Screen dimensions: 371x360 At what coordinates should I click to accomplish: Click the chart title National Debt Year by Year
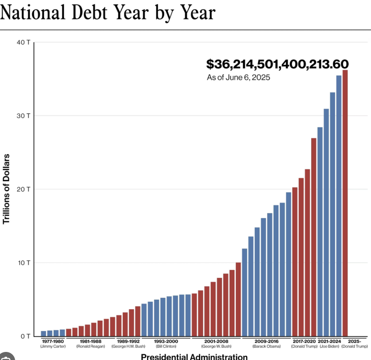pyautogui.click(x=108, y=12)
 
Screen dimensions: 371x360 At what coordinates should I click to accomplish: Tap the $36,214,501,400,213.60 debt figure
pyautogui.click(x=278, y=64)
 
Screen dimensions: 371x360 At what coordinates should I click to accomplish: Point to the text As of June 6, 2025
pyautogui.click(x=238, y=78)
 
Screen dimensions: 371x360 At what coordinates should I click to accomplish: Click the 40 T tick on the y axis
pyautogui.click(x=24, y=42)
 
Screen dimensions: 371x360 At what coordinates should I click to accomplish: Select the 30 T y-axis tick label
pyautogui.click(x=24, y=116)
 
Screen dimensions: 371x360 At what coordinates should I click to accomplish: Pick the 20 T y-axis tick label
pyautogui.click(x=24, y=189)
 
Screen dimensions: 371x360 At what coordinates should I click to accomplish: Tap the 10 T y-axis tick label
pyautogui.click(x=24, y=263)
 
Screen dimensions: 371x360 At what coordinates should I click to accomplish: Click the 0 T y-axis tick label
pyautogui.click(x=26, y=336)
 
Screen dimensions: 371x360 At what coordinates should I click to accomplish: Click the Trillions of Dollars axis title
pyautogui.click(x=6, y=189)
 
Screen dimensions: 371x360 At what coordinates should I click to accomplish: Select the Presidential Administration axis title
pyautogui.click(x=194, y=357)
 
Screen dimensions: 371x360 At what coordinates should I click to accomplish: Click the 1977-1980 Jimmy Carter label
pyautogui.click(x=53, y=344)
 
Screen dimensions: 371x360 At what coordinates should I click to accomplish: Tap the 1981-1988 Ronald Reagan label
pyautogui.click(x=91, y=344)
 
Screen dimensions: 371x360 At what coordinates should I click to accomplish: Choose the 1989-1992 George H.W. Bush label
pyautogui.click(x=128, y=344)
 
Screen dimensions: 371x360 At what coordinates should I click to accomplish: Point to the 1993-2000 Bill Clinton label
pyautogui.click(x=166, y=344)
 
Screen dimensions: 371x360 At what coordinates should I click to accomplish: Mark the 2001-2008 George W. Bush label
pyautogui.click(x=216, y=344)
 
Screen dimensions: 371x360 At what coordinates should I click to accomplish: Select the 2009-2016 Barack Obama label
pyautogui.click(x=267, y=344)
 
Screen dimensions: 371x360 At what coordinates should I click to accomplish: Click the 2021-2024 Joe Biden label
pyautogui.click(x=329, y=344)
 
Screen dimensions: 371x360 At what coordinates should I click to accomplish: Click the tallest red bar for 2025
pyautogui.click(x=345, y=203)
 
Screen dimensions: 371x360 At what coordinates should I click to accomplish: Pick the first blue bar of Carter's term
pyautogui.click(x=44, y=333)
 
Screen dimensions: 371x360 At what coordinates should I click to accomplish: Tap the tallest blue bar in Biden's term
pyautogui.click(x=339, y=206)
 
